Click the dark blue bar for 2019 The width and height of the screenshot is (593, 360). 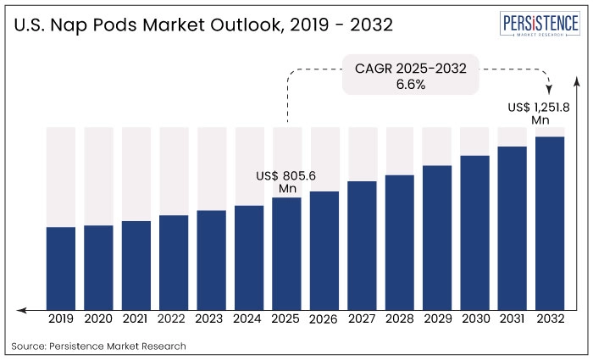61,268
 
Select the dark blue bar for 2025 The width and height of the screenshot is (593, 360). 286,253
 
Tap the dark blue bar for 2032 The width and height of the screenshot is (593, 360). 550,223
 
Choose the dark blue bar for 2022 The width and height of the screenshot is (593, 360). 174,262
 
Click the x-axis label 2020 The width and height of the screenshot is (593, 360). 98,320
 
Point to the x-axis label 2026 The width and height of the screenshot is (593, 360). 324,320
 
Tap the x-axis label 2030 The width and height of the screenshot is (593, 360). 474,320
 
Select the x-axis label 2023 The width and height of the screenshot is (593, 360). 211,320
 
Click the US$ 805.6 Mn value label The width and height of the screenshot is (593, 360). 285,181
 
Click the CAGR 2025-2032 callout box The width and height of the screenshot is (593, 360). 410,75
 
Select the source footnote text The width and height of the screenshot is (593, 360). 99,346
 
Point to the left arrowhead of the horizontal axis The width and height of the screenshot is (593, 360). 20,310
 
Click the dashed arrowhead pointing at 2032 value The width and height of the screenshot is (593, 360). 550,91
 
